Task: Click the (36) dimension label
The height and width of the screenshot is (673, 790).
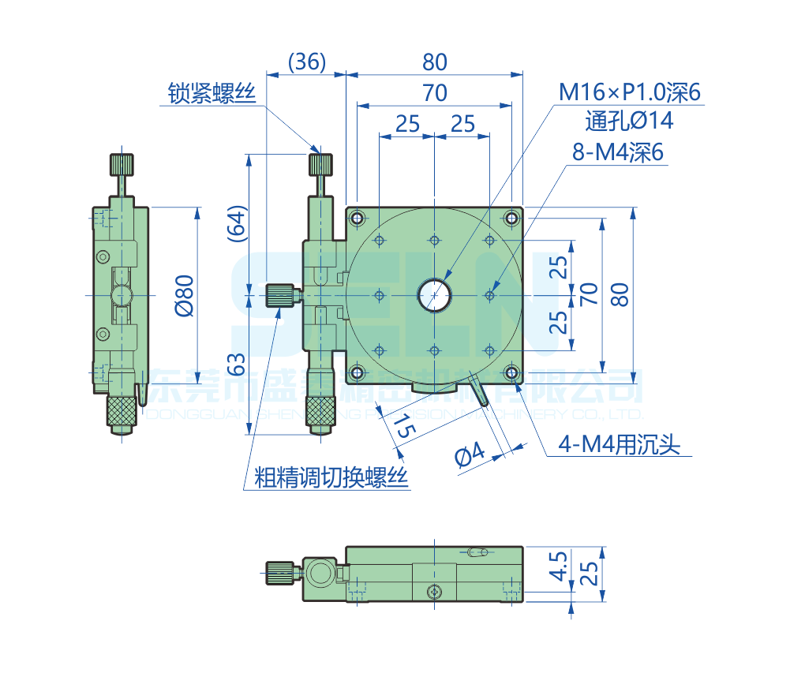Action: (x=306, y=62)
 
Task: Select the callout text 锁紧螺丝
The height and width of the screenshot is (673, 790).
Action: (x=212, y=93)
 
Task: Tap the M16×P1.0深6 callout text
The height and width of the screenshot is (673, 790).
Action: (x=630, y=93)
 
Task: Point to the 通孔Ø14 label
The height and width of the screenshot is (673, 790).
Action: (x=630, y=122)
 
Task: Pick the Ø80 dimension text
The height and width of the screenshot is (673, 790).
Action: (x=183, y=295)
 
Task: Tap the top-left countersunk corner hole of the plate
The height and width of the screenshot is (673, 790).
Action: (x=358, y=218)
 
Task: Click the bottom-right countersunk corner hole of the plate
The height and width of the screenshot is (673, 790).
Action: (x=511, y=372)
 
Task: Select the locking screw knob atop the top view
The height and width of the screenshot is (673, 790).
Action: (x=320, y=165)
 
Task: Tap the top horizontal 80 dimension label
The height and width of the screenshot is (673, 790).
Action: (x=434, y=62)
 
